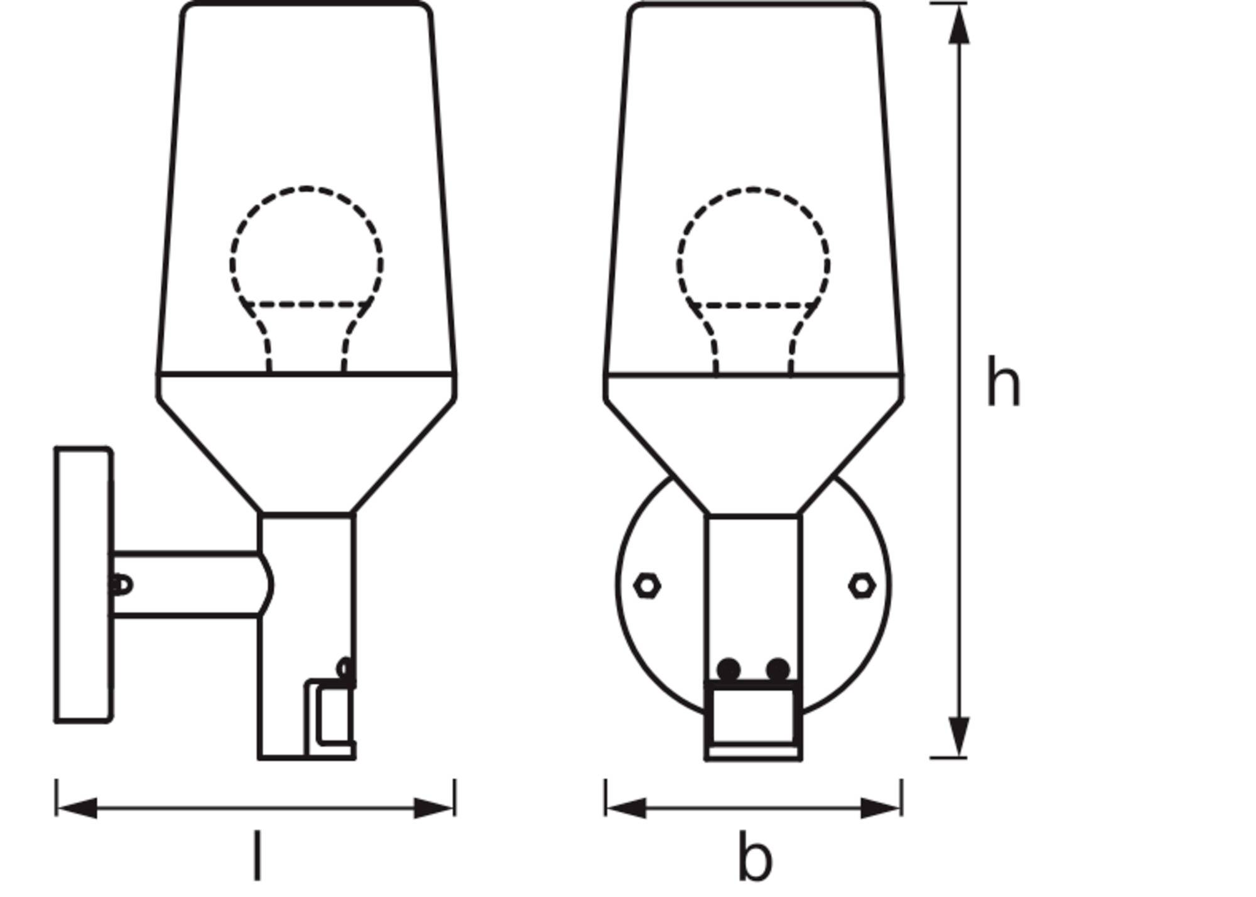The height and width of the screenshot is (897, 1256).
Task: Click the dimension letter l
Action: pos(256,855)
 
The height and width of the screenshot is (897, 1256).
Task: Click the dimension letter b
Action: pos(755,856)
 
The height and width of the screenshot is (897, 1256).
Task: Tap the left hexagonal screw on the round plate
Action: pos(647,585)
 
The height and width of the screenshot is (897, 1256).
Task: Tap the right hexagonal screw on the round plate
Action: pos(862,585)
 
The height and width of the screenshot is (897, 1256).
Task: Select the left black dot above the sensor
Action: pos(728,670)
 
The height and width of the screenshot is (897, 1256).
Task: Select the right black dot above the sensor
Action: pos(778,670)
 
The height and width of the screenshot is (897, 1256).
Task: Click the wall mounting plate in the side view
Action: pos(84,585)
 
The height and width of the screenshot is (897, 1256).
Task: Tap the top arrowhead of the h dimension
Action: pos(958,25)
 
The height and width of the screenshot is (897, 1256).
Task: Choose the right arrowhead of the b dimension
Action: pos(881,808)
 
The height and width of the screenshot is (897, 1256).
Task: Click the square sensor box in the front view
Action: pos(754,720)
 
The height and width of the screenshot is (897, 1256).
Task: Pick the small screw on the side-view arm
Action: pos(121,585)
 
